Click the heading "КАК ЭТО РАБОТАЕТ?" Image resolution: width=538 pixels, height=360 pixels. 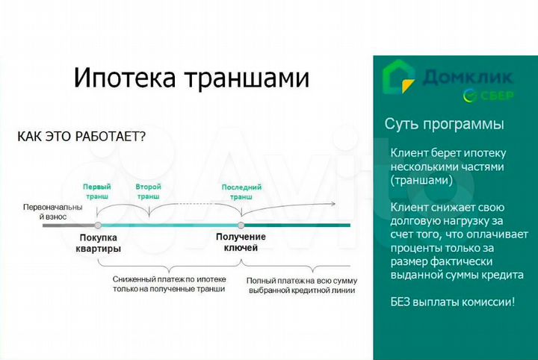81,137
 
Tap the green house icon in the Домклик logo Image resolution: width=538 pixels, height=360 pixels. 398,77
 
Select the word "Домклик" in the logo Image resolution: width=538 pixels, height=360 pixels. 468,77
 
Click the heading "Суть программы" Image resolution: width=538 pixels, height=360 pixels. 444,124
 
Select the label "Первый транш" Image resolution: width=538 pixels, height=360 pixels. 97,192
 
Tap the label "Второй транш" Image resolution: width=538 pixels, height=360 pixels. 148,192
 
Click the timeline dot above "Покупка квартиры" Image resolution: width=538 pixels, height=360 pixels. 98,225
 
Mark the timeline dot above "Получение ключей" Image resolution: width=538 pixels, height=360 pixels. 241,225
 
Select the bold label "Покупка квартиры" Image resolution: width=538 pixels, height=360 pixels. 98,243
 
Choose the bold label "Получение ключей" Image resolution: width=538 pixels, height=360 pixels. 241,242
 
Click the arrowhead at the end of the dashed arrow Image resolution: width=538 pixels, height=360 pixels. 333,203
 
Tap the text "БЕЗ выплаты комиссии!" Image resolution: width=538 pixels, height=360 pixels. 452,302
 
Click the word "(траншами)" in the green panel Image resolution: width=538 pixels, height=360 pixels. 421,181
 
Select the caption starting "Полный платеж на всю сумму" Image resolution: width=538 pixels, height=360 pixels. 302,285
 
